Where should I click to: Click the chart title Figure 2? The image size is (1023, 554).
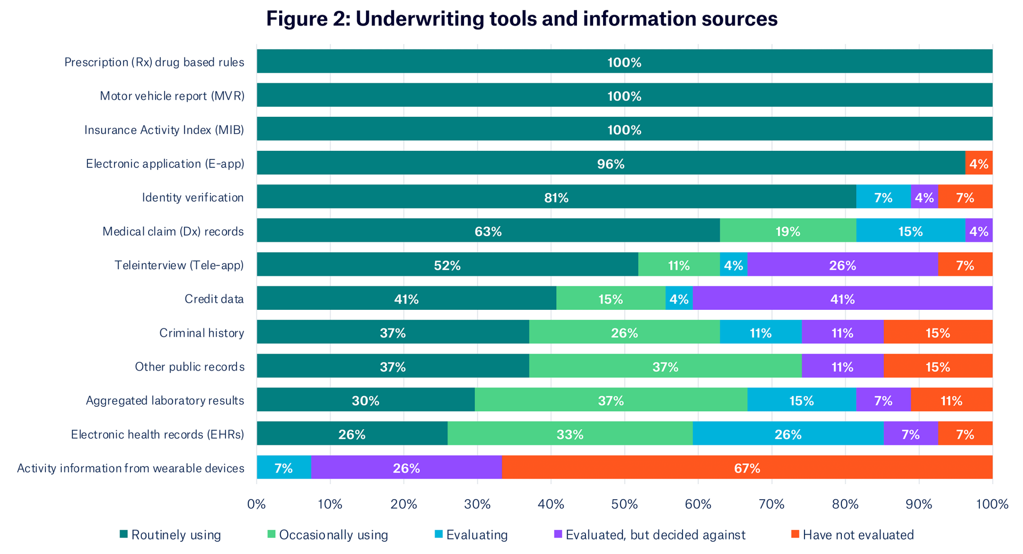click(522, 19)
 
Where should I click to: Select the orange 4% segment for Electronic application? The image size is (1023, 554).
click(978, 163)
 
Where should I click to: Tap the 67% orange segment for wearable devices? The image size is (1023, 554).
click(746, 468)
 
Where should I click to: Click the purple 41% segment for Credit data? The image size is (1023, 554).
click(842, 299)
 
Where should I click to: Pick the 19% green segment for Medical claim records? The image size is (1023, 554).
click(787, 231)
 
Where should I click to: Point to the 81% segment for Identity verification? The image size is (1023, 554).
click(556, 197)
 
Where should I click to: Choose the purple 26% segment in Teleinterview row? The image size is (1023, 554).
click(842, 265)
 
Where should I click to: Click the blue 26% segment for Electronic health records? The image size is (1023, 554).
click(787, 434)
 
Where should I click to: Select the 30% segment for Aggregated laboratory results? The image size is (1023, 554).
click(366, 400)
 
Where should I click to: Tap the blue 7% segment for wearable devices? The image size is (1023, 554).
click(283, 468)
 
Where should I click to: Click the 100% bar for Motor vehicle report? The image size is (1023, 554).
click(624, 96)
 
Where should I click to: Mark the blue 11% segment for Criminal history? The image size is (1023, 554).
click(760, 333)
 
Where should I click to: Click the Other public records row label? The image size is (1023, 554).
click(189, 367)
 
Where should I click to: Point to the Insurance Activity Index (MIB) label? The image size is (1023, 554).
click(164, 130)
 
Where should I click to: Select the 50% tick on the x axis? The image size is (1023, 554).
click(624, 504)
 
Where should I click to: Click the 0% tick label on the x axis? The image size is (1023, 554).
click(256, 504)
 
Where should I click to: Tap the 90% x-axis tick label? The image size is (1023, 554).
click(919, 504)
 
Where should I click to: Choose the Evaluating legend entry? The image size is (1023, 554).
click(471, 535)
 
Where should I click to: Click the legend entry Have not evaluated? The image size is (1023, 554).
click(852, 535)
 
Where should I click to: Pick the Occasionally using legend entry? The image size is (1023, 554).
click(328, 535)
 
